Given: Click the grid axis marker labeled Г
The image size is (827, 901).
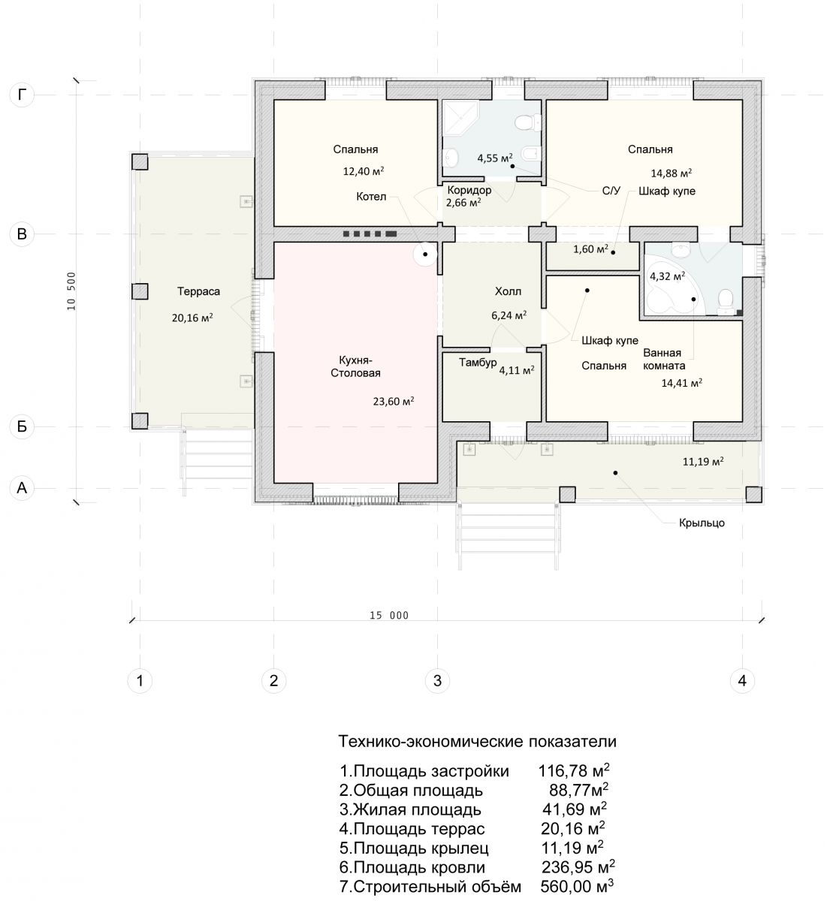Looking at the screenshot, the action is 22,95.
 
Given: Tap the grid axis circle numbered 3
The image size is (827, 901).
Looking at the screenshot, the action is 438,681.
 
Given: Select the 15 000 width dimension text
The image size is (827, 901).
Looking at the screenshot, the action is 390,616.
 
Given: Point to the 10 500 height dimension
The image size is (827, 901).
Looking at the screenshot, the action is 71,291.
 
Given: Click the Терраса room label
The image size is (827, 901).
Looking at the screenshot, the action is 199,291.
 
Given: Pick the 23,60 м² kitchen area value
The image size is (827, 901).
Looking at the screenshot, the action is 394,401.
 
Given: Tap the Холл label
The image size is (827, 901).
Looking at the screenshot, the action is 509,291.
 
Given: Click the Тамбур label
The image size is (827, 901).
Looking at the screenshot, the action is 478,363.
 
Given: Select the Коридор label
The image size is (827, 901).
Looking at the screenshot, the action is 470,190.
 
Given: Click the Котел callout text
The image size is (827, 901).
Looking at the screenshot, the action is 372,197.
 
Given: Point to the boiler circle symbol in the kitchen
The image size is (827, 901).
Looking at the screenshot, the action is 426,255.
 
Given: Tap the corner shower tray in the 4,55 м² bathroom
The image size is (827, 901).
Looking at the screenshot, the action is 460,118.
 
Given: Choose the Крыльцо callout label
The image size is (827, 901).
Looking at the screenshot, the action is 703,523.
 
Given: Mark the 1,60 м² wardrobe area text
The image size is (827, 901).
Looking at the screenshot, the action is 592,249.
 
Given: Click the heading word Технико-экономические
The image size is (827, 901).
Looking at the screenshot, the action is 431,742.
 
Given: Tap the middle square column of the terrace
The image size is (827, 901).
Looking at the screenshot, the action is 140,291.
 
